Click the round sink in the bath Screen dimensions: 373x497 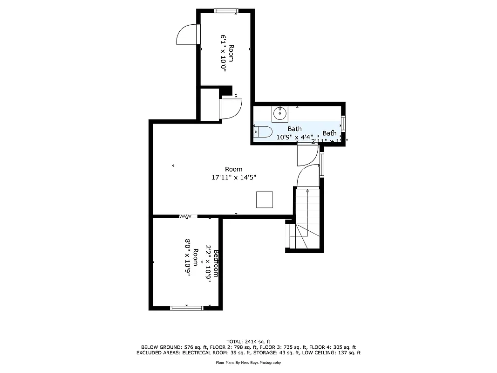coord(280,112)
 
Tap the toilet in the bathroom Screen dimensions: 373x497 coord(263,132)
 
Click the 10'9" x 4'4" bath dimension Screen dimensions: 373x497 coord(294,137)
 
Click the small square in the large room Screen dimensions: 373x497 coord(265,200)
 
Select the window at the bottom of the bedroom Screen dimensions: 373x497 coord(186,307)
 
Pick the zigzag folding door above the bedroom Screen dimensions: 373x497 coord(186,216)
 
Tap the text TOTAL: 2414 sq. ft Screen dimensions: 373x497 coord(248,341)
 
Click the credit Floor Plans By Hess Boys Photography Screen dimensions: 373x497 coord(248,362)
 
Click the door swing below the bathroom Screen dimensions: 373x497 coord(306,155)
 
